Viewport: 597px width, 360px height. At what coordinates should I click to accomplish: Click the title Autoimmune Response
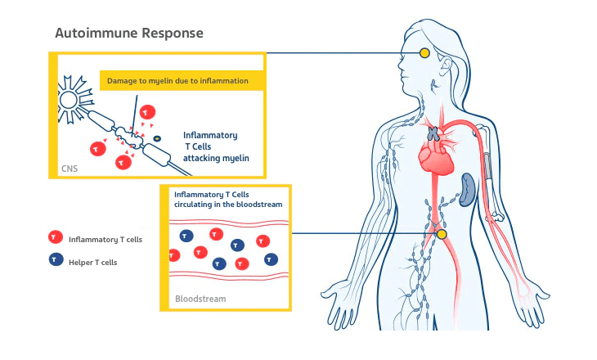pyautogui.click(x=128, y=34)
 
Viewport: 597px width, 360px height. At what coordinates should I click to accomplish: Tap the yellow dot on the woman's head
pyautogui.click(x=424, y=53)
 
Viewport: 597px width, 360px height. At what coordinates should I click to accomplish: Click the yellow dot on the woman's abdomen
pyautogui.click(x=442, y=234)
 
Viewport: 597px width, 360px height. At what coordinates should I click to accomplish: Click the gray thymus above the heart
pyautogui.click(x=435, y=132)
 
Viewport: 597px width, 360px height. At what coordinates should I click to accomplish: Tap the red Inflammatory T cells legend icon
pyautogui.click(x=55, y=238)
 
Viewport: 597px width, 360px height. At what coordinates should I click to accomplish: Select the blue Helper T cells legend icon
pyautogui.click(x=55, y=260)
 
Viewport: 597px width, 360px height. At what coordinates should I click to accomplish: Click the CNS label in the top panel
pyautogui.click(x=70, y=169)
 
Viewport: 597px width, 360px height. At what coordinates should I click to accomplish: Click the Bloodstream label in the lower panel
pyautogui.click(x=200, y=299)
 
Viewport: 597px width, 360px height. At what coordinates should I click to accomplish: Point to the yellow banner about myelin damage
pyautogui.click(x=180, y=81)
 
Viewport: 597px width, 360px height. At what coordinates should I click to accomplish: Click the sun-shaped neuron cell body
pyautogui.click(x=70, y=105)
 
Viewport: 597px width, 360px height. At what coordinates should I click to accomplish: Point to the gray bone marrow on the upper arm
pyautogui.click(x=487, y=167)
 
